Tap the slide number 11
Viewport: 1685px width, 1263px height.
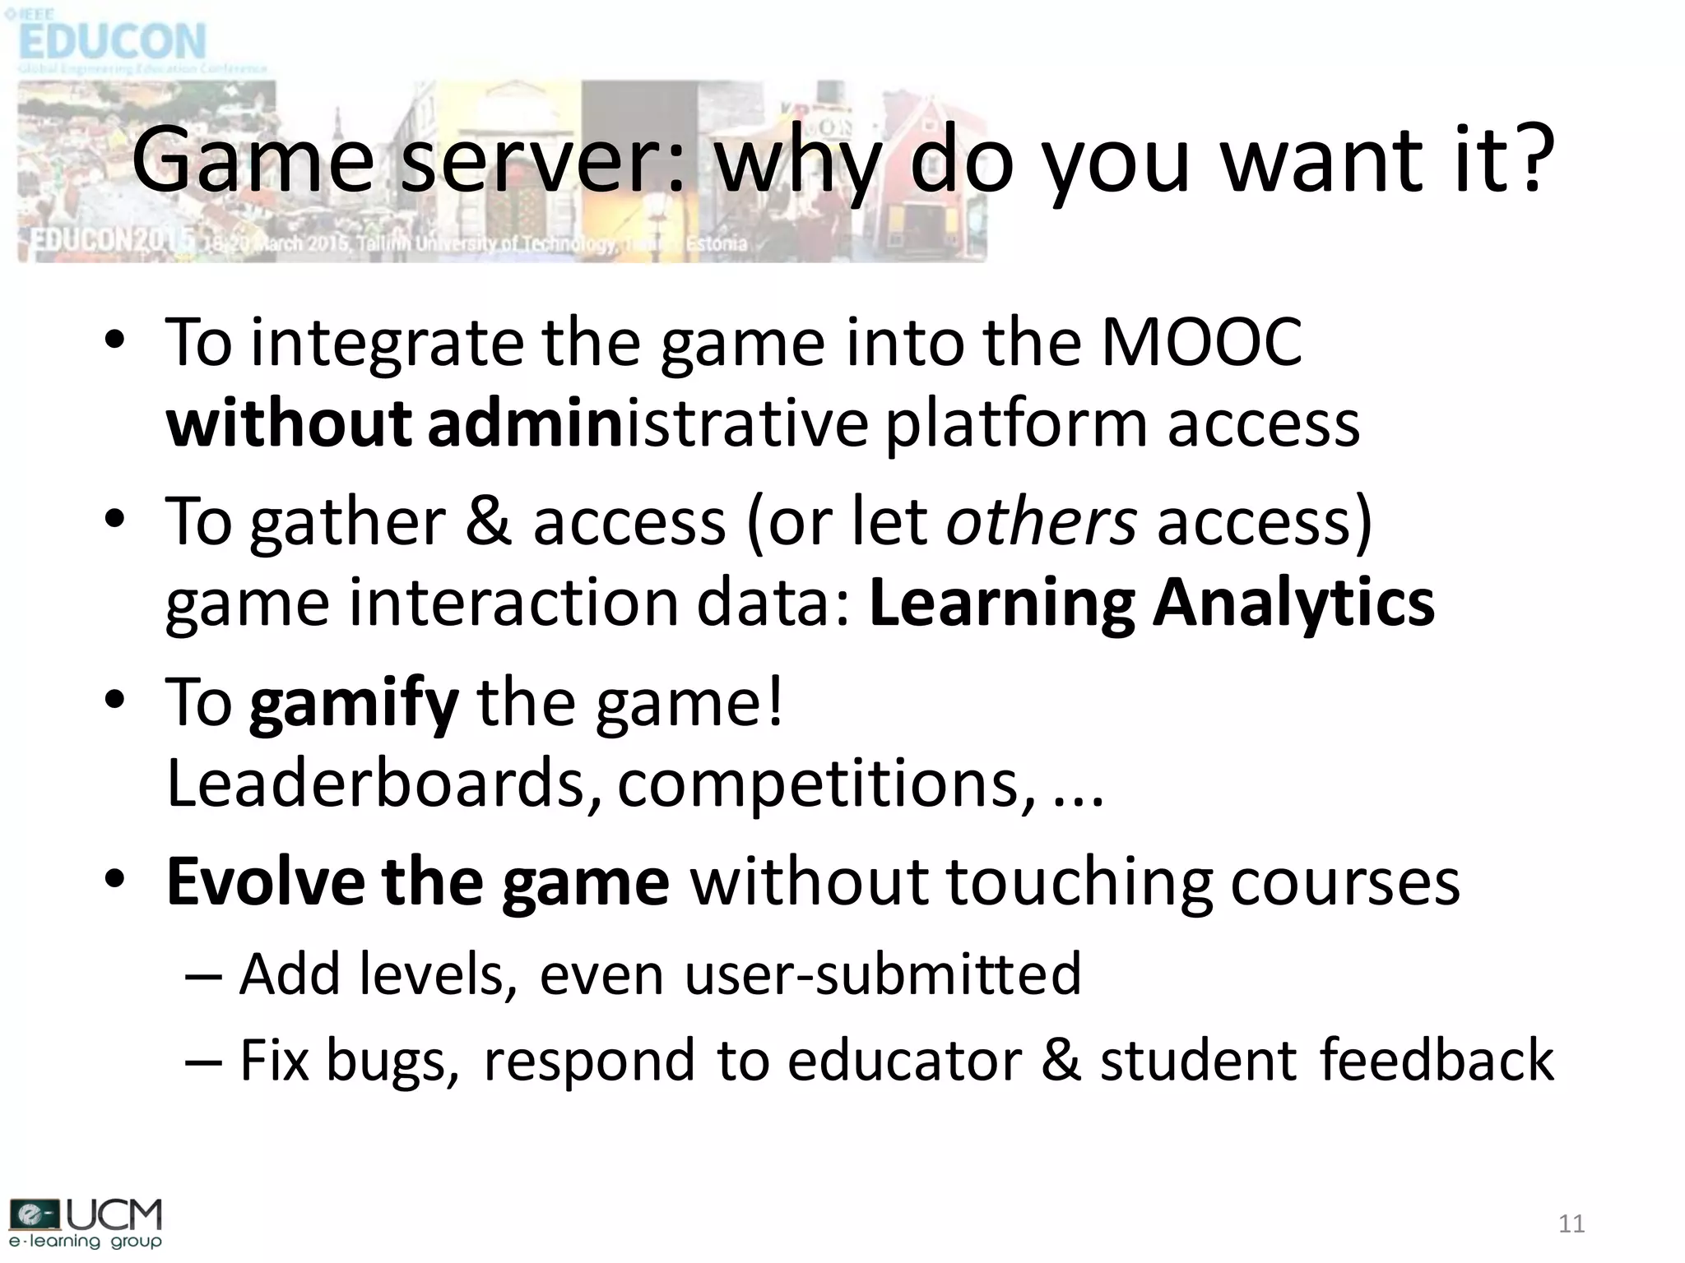coord(1571,1224)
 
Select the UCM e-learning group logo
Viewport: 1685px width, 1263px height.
coord(86,1224)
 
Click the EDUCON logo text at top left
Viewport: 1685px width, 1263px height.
coord(112,41)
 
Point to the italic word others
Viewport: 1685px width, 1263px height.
coord(1042,521)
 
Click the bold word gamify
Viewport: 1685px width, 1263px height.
coord(354,702)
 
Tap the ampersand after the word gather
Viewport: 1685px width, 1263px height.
coord(489,521)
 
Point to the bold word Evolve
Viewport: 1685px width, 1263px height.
coord(265,881)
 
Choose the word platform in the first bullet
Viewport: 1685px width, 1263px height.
coord(1017,424)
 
